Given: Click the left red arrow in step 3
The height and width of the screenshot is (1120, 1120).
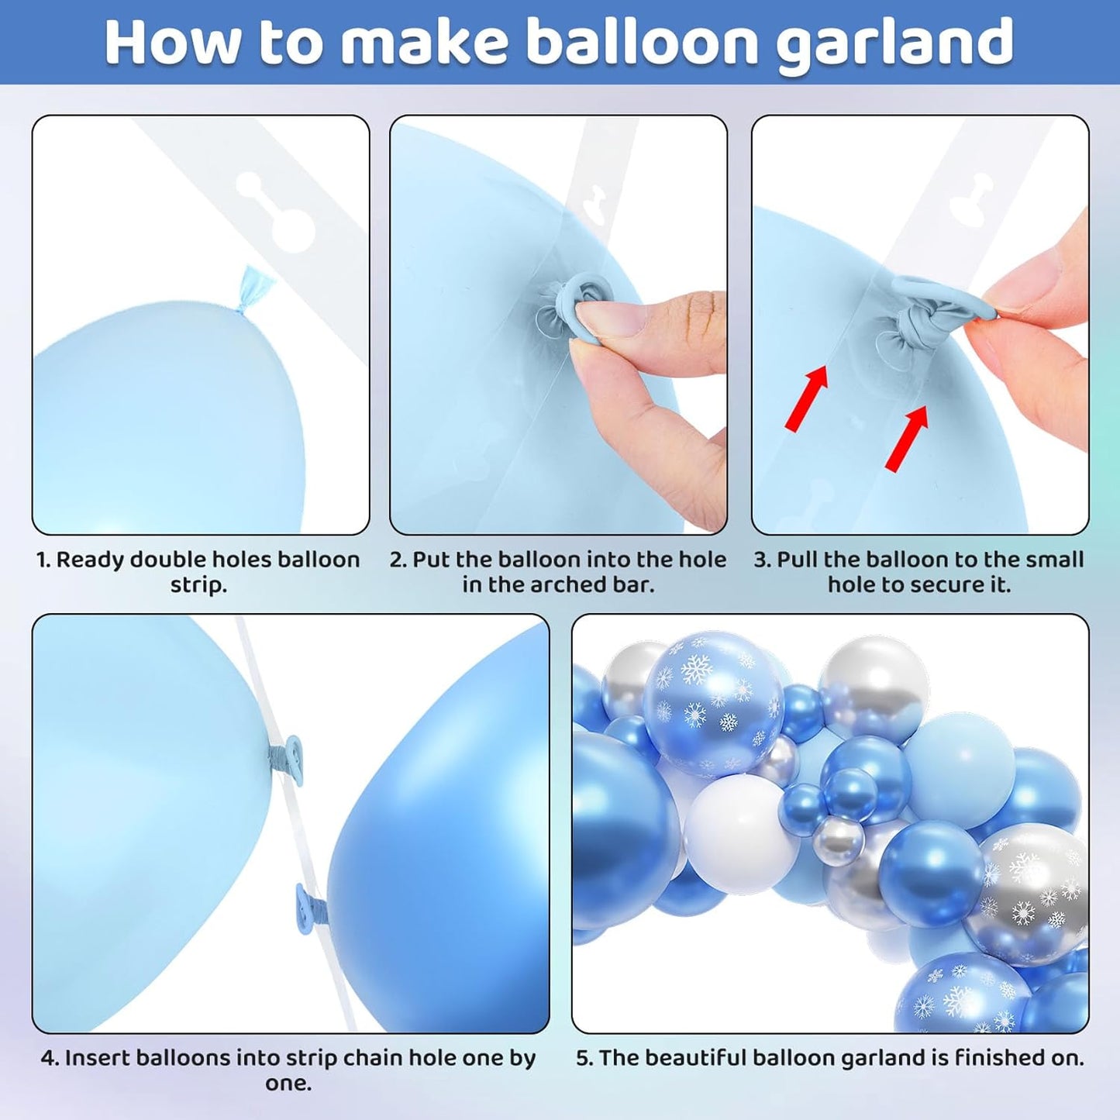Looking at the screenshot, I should point(807,398).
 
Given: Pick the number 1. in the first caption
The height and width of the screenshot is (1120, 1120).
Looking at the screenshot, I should point(44,560).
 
